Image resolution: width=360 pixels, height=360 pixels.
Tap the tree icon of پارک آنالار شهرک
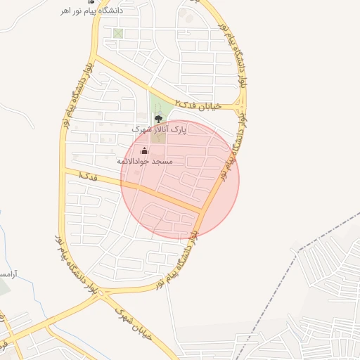coord(158,118)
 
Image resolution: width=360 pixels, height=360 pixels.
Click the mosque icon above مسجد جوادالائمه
coord(145,150)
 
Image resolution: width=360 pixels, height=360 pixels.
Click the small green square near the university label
coord(117,33)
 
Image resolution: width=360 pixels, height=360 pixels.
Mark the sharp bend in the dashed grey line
coord(299,249)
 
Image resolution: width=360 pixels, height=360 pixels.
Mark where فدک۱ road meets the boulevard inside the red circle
coord(203,210)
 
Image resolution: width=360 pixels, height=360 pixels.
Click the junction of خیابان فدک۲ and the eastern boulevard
coord(239,108)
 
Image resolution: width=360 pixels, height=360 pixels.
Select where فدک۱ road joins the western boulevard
coord(65,169)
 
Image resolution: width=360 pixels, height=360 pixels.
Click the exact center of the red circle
coord(180,180)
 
